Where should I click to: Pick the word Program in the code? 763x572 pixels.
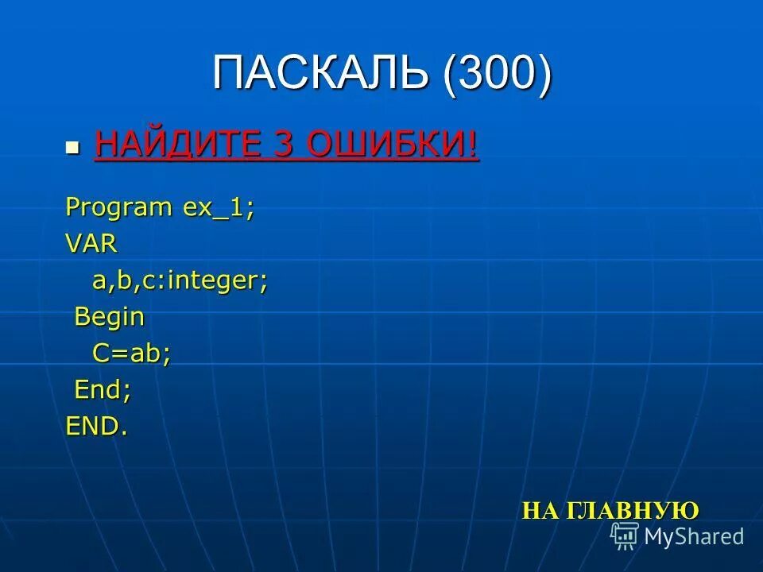pos(118,208)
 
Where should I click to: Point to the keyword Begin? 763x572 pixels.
pos(110,317)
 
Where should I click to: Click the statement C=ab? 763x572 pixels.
pos(131,354)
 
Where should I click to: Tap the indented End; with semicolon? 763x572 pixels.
pos(103,390)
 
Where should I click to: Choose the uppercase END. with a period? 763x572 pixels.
pos(96,427)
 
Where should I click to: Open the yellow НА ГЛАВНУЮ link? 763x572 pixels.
pos(610,510)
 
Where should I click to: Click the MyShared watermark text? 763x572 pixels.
pos(693,536)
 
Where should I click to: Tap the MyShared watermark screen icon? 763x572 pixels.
pos(625,536)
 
